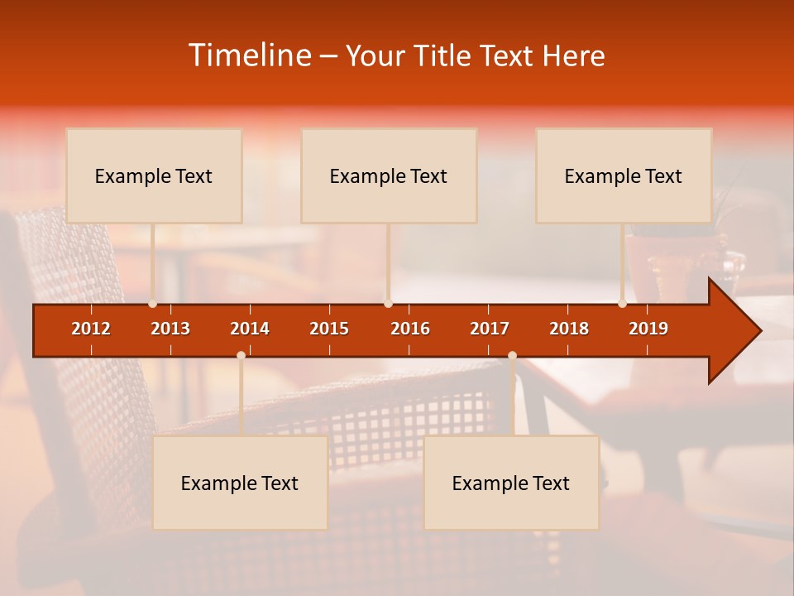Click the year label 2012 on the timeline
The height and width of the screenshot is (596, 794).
(x=91, y=329)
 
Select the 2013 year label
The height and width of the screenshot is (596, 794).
(x=170, y=329)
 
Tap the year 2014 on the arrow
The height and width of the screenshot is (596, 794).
(x=250, y=329)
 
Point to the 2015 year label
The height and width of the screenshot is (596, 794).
(x=329, y=329)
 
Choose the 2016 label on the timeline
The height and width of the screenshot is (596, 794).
(x=410, y=329)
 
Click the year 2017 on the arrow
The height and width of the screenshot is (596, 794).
(x=490, y=329)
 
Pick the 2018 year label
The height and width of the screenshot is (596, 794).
(x=569, y=329)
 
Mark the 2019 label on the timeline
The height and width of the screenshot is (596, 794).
(x=648, y=329)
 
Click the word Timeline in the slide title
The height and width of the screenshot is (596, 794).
(x=249, y=55)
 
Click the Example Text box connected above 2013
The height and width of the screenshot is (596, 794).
(x=154, y=175)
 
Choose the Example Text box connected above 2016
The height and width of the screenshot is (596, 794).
(x=389, y=175)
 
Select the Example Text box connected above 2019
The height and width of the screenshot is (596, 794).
(x=624, y=175)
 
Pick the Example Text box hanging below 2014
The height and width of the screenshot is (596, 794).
(x=240, y=483)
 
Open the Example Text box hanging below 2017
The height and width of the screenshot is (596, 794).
(x=511, y=483)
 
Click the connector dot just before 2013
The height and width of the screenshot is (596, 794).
(x=152, y=304)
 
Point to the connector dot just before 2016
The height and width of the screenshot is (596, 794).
(x=388, y=304)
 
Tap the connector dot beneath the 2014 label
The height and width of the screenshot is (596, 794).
(x=241, y=355)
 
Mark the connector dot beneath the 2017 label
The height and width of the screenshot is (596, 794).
(x=512, y=355)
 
